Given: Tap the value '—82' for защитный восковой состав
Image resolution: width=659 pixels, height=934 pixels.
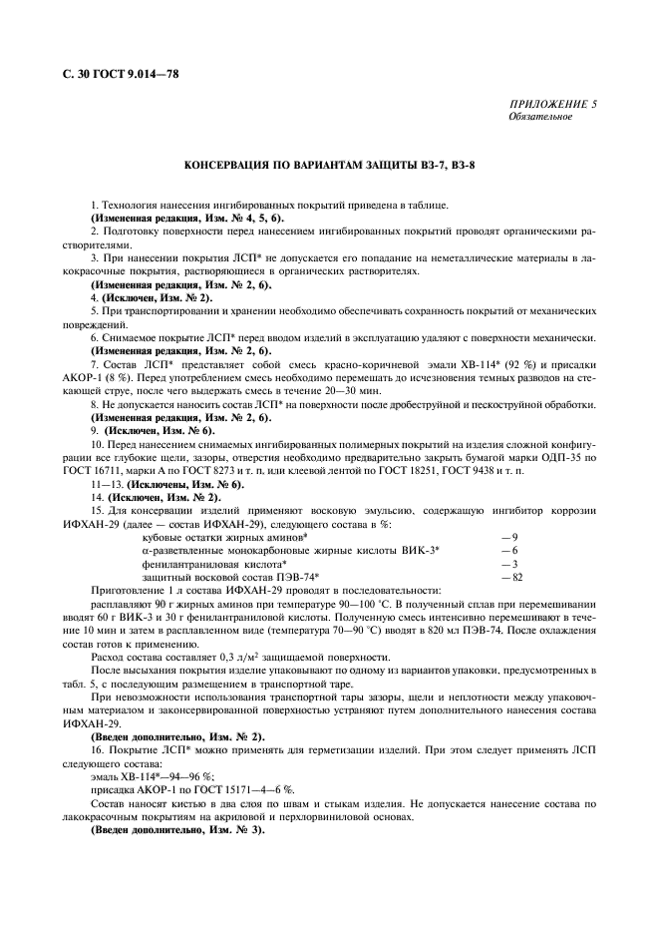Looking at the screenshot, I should point(511,576).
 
